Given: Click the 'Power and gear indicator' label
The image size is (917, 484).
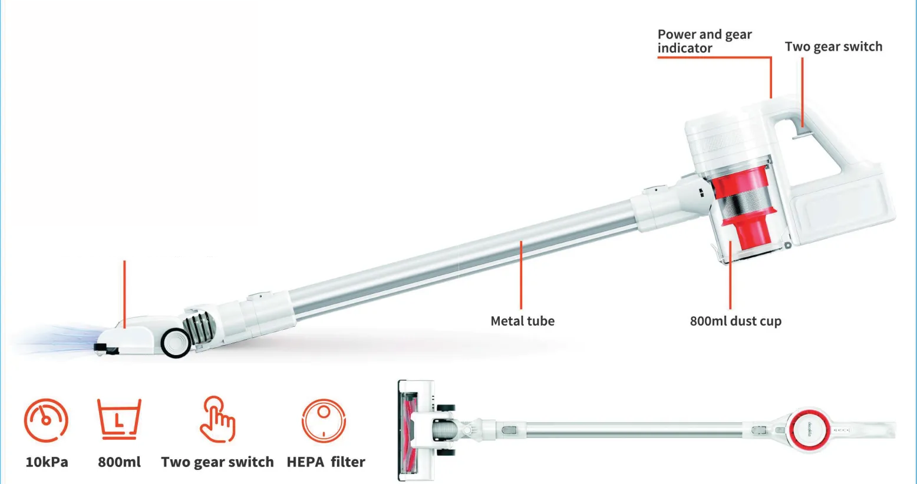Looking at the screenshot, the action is [x=704, y=41].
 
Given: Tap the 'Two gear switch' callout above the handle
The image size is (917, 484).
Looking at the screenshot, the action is [x=833, y=47].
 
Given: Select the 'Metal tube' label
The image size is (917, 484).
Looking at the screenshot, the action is [x=522, y=321].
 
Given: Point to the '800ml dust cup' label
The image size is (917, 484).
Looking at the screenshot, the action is [x=735, y=321].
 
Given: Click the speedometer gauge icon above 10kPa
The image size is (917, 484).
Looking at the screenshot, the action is [x=46, y=420].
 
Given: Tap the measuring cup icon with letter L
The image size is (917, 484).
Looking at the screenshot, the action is [x=119, y=419].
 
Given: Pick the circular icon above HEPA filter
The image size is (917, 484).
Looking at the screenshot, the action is [x=324, y=420].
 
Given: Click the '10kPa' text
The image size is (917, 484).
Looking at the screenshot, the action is [x=47, y=462].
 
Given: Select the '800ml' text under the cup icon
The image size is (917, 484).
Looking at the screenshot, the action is [x=119, y=462].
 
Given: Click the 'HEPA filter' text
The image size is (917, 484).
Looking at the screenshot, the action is [x=326, y=462].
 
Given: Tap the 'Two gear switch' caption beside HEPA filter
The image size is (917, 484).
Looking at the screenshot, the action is [x=217, y=462].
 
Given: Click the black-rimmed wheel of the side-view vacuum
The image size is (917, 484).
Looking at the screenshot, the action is [x=176, y=343].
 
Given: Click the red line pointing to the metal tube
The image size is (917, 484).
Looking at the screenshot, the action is [x=521, y=275].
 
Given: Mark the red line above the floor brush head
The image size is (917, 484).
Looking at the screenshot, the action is [x=124, y=294].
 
